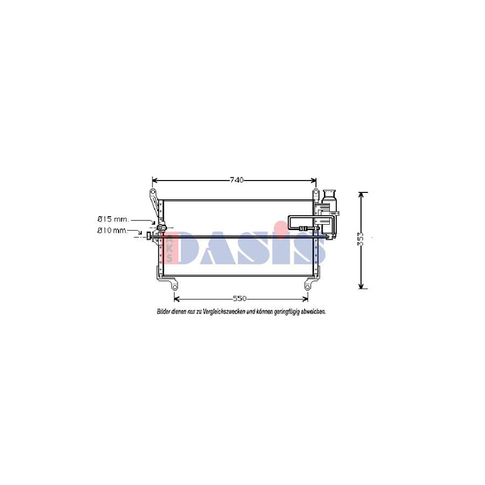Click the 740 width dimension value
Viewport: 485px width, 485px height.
tap(237, 179)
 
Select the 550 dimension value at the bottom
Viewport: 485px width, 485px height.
tap(240, 298)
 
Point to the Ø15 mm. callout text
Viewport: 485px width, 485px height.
tap(113, 219)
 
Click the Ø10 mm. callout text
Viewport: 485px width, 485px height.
tap(112, 231)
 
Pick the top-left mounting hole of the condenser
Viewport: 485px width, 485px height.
tap(153, 192)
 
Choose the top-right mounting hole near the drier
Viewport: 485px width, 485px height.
tap(316, 192)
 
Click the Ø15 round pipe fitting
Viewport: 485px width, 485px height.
tap(161, 228)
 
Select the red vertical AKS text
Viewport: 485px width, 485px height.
tap(169, 247)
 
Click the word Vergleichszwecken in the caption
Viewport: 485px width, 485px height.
tap(227, 311)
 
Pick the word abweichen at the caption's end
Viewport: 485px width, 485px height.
tap(312, 311)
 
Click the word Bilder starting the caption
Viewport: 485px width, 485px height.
tap(164, 311)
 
